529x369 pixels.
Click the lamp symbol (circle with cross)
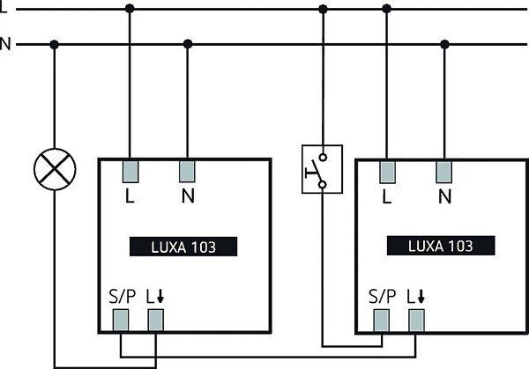pyautogui.click(x=55, y=166)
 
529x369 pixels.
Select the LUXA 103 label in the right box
pyautogui.click(x=441, y=246)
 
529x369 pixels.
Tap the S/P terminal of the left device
pyautogui.click(x=123, y=318)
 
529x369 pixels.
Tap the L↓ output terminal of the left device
pyautogui.click(x=155, y=318)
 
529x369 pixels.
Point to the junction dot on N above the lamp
pyautogui.click(x=55, y=43)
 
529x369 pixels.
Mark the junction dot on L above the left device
pyautogui.click(x=130, y=9)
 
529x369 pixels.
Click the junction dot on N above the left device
pyautogui.click(x=188, y=43)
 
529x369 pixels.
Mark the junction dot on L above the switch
pyautogui.click(x=323, y=9)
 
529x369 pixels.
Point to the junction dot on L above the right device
pyautogui.click(x=386, y=9)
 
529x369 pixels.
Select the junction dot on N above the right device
pyautogui.click(x=443, y=43)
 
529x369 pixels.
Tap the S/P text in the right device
pyautogui.click(x=381, y=296)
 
